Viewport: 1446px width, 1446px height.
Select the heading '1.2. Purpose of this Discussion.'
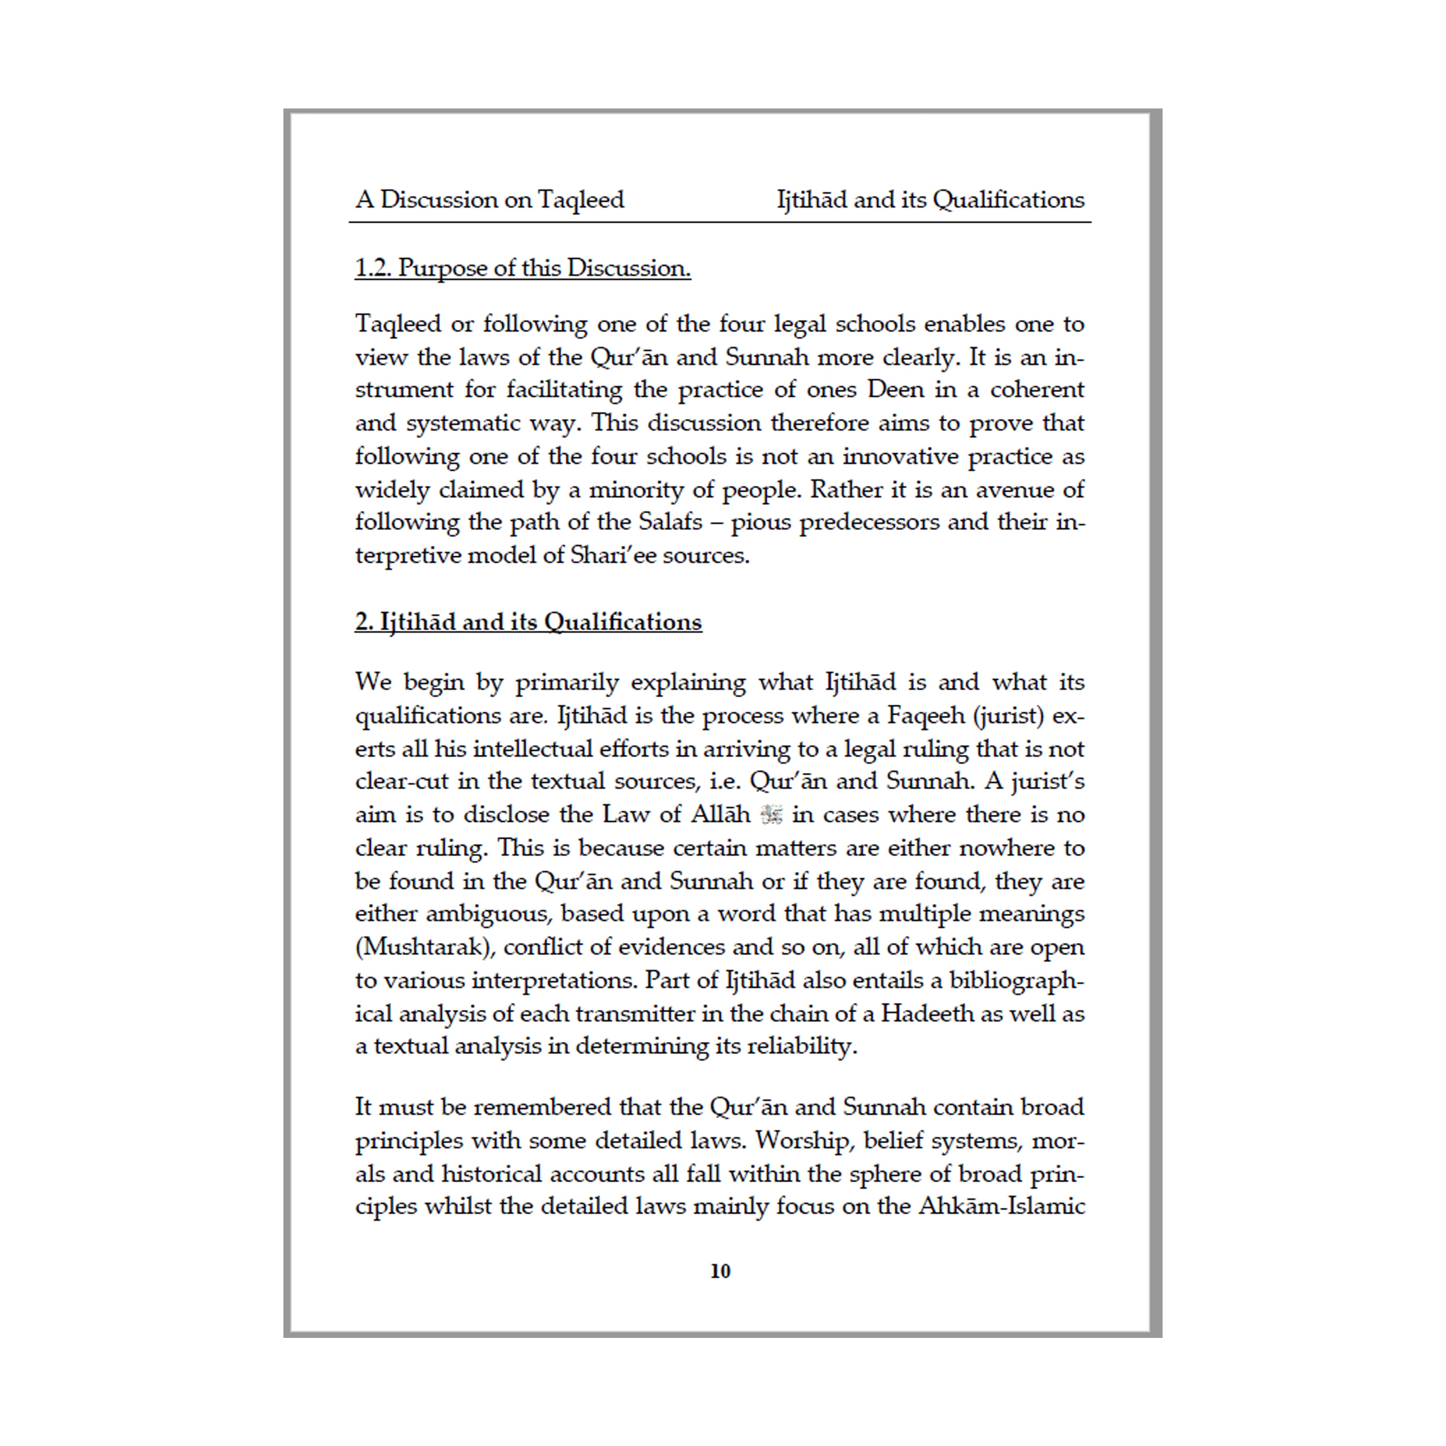click(522, 268)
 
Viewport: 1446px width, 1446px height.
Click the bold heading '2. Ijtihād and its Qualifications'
click(528, 622)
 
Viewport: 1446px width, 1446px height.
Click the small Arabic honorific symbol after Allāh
click(771, 814)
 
